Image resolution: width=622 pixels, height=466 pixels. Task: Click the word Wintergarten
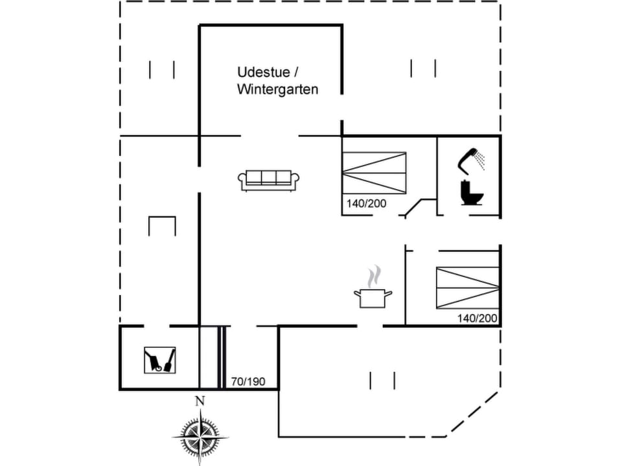[x=277, y=89]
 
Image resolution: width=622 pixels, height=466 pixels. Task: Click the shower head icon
[x=472, y=159]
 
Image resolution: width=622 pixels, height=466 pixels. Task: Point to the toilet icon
[x=471, y=193]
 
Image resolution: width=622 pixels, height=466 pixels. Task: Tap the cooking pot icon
[x=373, y=298]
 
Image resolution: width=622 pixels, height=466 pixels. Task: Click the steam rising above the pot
[x=373, y=277]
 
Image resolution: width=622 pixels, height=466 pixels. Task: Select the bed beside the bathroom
[x=374, y=172]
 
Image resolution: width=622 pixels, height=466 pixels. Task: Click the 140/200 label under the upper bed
[x=366, y=203]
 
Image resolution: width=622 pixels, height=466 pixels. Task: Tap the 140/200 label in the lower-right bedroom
[x=477, y=318]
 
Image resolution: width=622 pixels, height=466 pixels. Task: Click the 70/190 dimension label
[x=248, y=381]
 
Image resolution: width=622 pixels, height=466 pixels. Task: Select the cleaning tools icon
[x=159, y=360]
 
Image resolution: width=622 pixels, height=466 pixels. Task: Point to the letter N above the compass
[x=200, y=401]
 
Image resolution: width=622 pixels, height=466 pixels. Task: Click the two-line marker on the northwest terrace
[x=162, y=69]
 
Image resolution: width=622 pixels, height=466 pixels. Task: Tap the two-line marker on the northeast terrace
[x=422, y=68]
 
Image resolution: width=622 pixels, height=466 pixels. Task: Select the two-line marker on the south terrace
[x=382, y=380]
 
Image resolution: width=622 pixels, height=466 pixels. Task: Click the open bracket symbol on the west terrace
[x=162, y=226]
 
